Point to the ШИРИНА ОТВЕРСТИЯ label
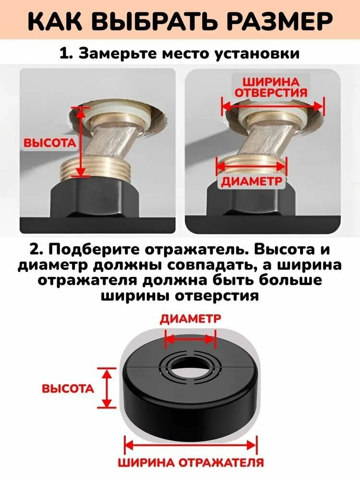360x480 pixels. coord(271,87)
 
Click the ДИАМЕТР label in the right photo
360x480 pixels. coord(252,181)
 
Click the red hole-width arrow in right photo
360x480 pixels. coord(272,107)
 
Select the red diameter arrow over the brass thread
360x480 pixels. coord(252,167)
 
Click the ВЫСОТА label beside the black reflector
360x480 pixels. coord(68,389)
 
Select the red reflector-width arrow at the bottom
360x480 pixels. coord(191,445)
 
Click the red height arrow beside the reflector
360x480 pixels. coord(107,388)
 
